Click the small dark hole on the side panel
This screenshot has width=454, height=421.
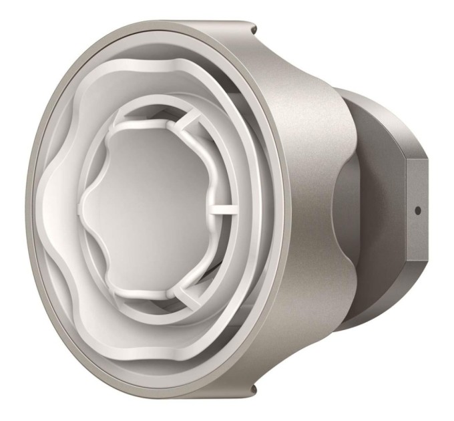pyautogui.click(x=418, y=210)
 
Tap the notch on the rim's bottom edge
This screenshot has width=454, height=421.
pyautogui.click(x=254, y=390)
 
